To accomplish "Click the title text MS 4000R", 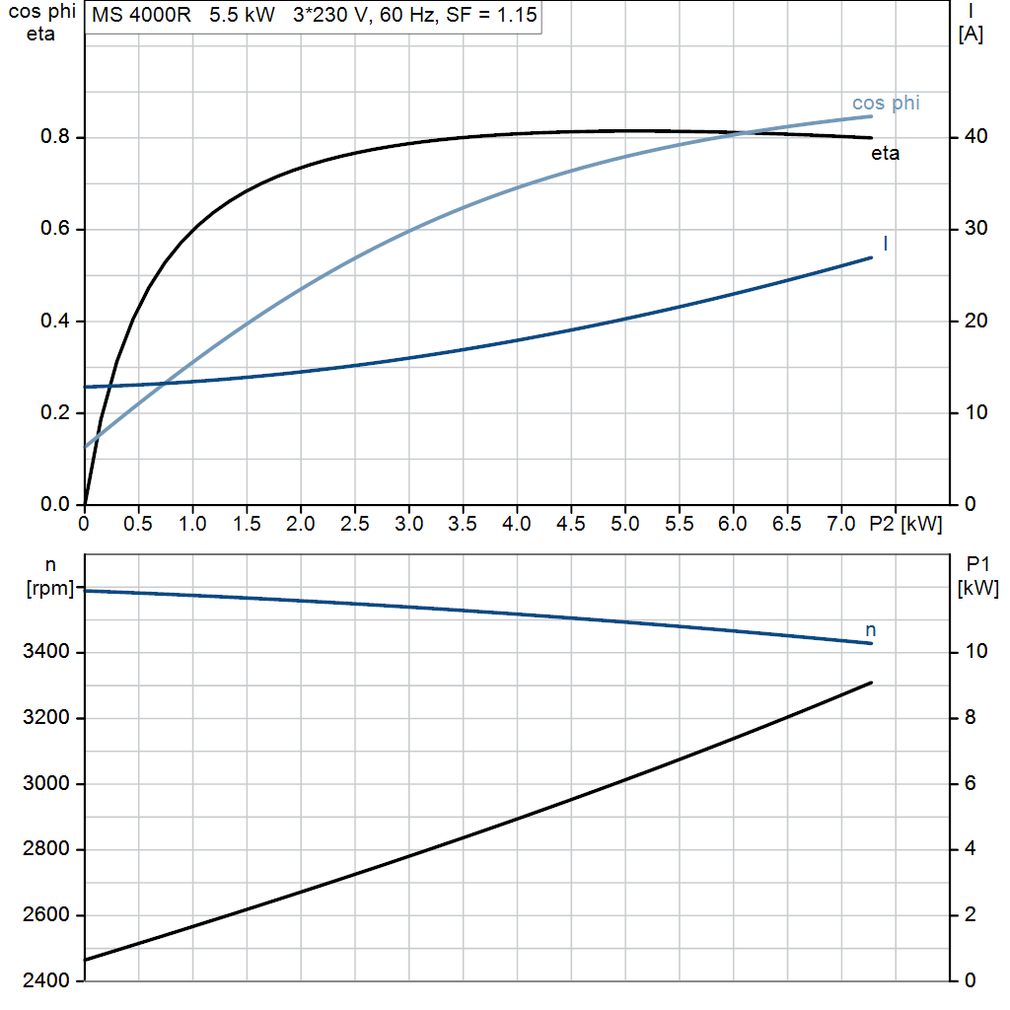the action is (x=141, y=14).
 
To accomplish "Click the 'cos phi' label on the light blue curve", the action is (x=886, y=103).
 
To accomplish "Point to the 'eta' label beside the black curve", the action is (x=885, y=153).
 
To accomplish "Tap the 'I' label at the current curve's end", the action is (x=886, y=243).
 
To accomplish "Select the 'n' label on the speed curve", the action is (x=870, y=630).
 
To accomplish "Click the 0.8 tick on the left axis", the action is (x=55, y=136).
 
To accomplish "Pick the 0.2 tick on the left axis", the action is (x=55, y=412).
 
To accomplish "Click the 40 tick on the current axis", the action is (x=975, y=136).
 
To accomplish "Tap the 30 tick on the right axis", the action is (x=975, y=228).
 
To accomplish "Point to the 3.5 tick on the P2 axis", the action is (x=463, y=524).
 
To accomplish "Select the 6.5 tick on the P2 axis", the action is (x=787, y=524).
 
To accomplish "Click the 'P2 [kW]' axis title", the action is (x=905, y=524).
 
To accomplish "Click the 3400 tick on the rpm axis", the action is (x=45, y=651).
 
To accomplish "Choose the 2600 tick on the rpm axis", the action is (x=45, y=914).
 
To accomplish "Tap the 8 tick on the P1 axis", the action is (x=971, y=718).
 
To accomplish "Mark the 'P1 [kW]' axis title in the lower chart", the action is (x=977, y=576).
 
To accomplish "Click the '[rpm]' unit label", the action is (x=50, y=588).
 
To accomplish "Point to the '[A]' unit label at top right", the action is (x=971, y=35).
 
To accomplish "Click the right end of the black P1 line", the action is (x=872, y=683).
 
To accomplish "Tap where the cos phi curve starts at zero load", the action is (x=85, y=447).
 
